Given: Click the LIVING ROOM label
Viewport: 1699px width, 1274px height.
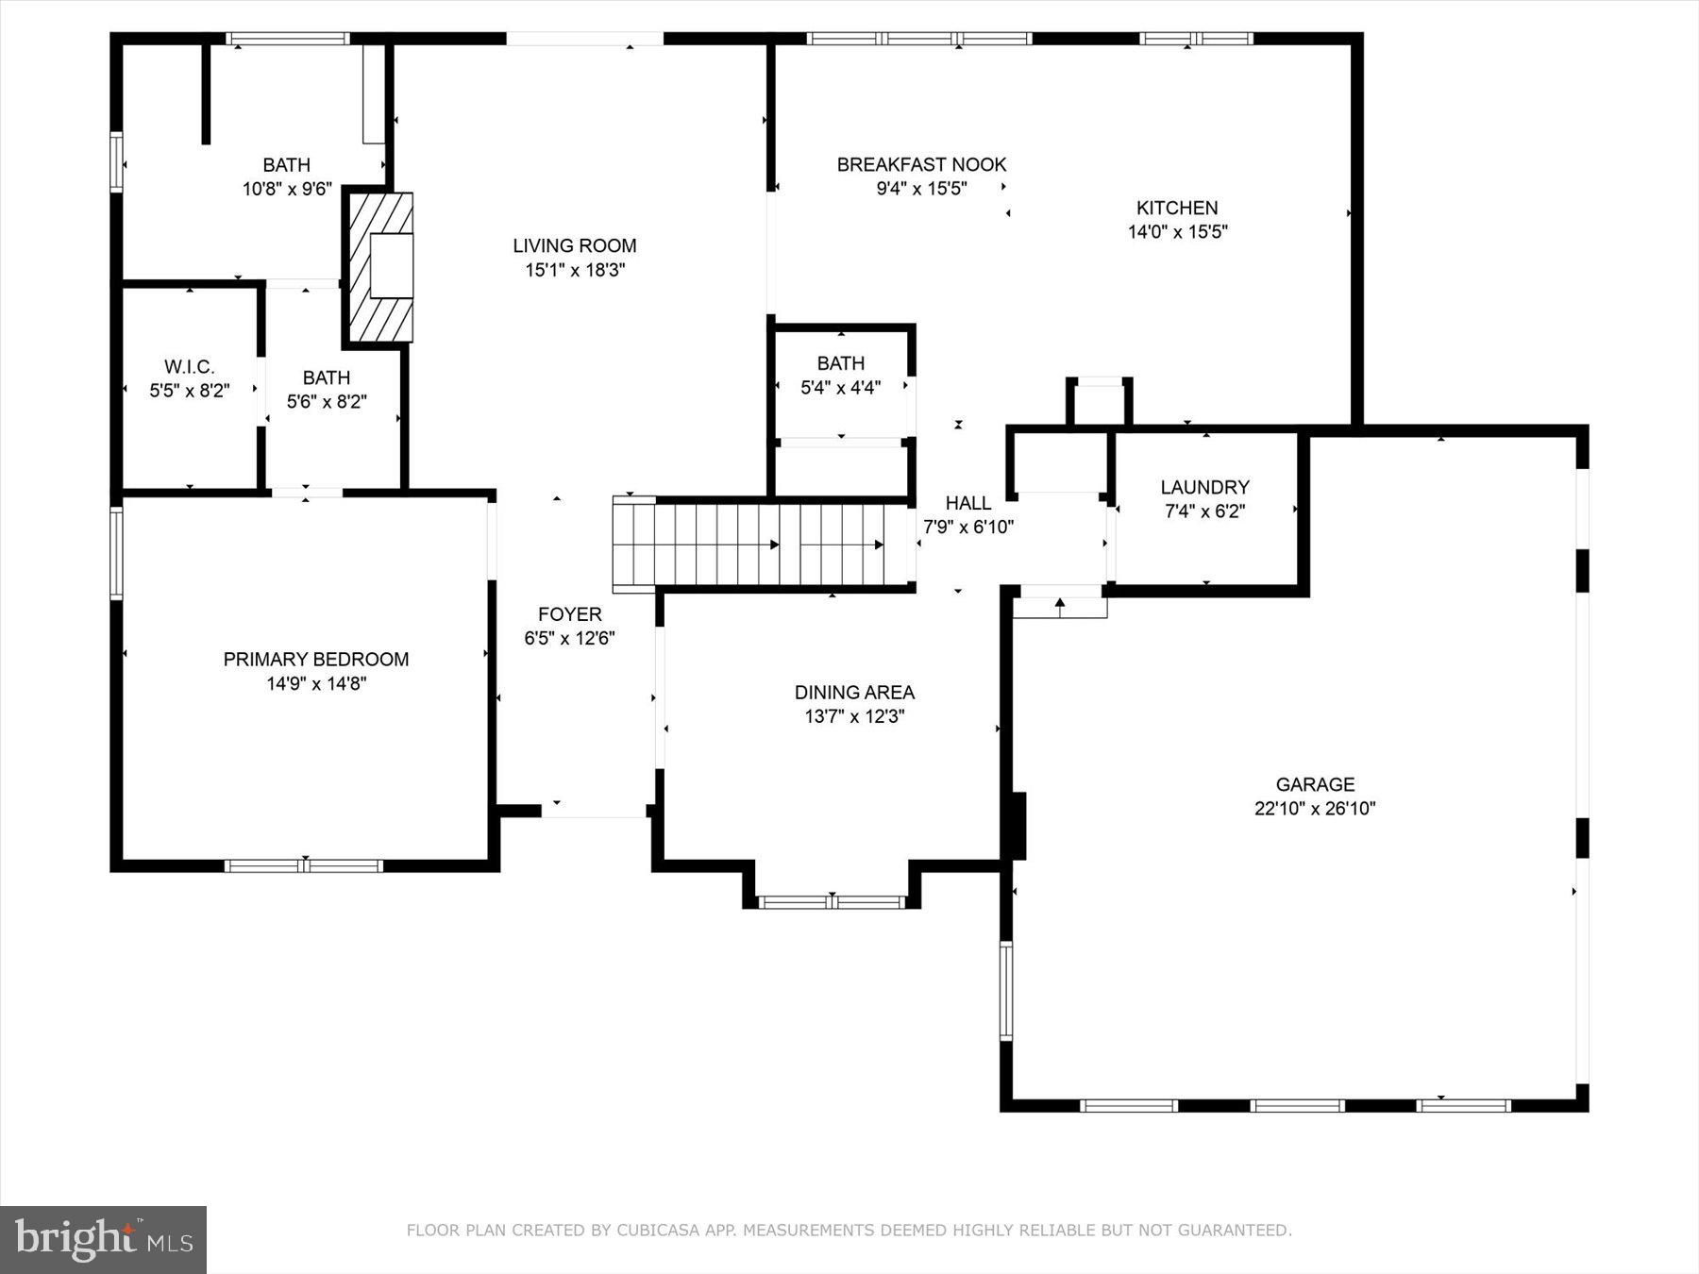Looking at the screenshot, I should point(574,246).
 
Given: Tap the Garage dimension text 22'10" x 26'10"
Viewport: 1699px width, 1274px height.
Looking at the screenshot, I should point(1315,809).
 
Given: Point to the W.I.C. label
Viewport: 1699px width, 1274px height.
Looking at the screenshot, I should point(189,367).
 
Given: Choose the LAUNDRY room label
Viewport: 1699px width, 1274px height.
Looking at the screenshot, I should point(1204,488).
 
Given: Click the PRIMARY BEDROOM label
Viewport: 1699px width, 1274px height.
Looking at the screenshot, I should point(315,660).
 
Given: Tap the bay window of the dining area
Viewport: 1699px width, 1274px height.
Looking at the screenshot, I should point(832,902).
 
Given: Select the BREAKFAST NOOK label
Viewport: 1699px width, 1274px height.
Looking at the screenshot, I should point(921,165).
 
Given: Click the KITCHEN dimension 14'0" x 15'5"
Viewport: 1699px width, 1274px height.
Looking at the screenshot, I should point(1177,232).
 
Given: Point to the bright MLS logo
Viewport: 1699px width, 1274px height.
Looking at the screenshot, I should point(103,1239).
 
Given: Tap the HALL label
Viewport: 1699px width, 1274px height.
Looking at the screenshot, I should point(967,504).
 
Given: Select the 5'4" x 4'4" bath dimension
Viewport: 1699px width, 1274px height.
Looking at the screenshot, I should point(840,388).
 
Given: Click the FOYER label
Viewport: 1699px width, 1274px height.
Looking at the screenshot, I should point(569,614).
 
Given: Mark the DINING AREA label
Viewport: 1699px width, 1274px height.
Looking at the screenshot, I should point(854,693).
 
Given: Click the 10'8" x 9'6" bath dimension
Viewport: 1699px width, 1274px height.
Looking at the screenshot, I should point(287,189).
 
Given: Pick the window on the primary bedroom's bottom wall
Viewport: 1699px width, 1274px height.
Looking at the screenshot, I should point(304,865).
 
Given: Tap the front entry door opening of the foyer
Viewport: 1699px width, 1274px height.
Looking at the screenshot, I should point(593,812).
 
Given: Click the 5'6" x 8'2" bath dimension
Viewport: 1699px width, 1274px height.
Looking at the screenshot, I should point(327,402).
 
